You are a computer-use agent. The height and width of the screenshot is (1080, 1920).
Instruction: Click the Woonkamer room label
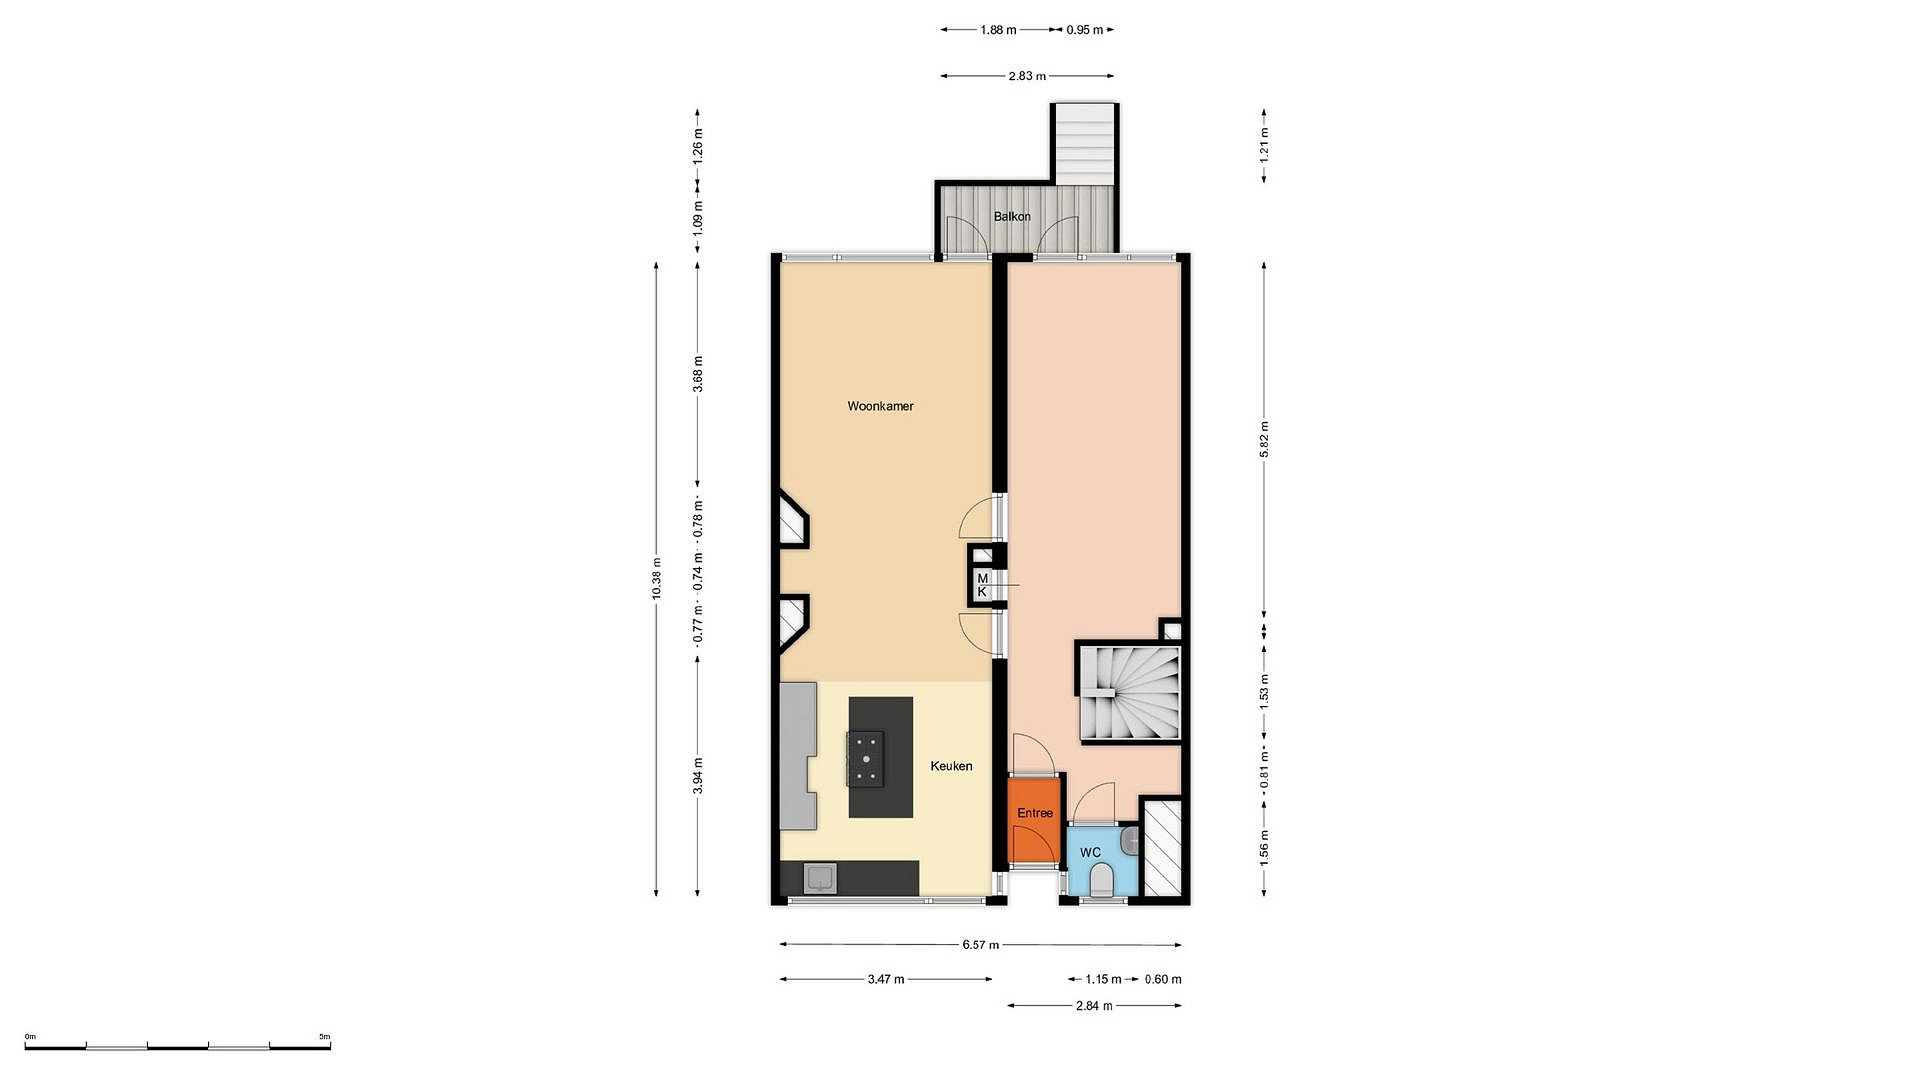tap(880, 406)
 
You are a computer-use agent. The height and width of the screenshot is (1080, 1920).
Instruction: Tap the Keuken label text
tap(951, 766)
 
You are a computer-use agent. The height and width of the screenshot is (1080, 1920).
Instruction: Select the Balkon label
tap(1012, 217)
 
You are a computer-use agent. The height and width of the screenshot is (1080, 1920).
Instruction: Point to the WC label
tap(1091, 853)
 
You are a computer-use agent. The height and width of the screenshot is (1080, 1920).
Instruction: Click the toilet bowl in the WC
tap(1101, 880)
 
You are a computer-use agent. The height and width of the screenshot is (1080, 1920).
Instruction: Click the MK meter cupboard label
tap(983, 585)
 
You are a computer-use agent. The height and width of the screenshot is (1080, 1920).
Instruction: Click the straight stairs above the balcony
tap(1085, 143)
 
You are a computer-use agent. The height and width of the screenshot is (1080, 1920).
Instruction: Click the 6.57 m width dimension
tap(980, 945)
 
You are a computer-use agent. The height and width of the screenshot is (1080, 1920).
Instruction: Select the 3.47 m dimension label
tap(885, 979)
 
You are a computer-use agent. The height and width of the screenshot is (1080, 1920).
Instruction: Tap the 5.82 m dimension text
tap(1264, 440)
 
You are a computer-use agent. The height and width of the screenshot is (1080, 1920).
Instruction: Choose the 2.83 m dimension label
tap(1027, 76)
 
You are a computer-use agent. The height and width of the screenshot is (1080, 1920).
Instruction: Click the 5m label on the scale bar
tap(324, 1037)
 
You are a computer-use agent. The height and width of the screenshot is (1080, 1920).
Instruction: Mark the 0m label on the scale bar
tap(31, 1037)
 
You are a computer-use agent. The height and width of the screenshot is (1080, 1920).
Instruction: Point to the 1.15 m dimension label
tap(1103, 979)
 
